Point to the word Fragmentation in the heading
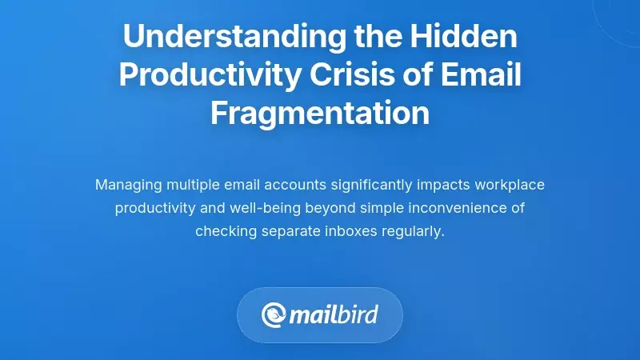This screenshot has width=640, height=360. tap(320, 112)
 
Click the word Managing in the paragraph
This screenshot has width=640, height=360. tap(128, 185)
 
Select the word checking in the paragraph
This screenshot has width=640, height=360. tap(224, 231)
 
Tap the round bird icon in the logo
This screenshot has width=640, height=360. tap(274, 314)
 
